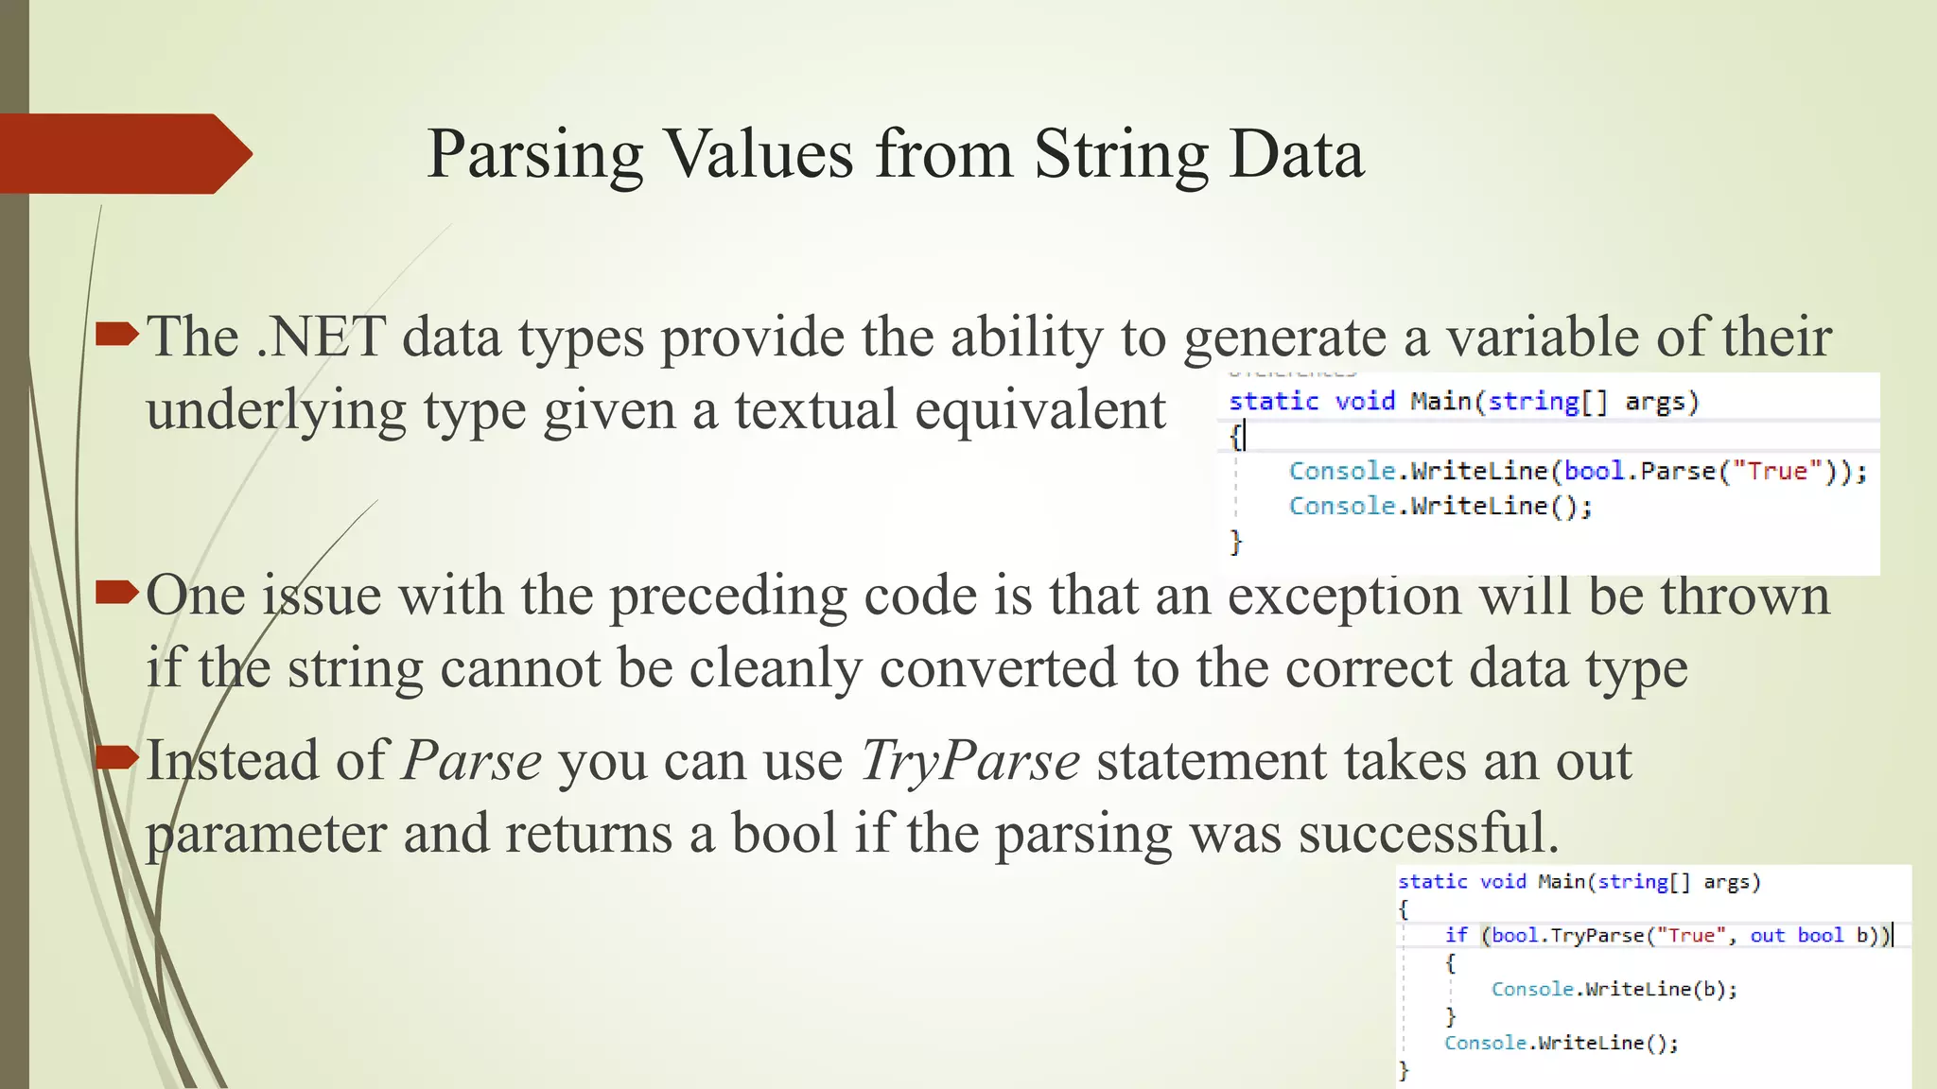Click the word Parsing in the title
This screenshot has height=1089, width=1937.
click(534, 155)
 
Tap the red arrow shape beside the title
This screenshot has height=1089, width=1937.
click(123, 153)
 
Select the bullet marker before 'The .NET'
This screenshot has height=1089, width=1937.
click(117, 334)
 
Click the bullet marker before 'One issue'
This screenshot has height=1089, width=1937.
click(117, 593)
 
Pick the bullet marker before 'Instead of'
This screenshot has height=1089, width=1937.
click(117, 757)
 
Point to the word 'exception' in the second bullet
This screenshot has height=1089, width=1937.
click(1344, 597)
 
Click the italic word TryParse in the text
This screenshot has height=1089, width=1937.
click(969, 761)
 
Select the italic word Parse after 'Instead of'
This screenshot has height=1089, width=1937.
click(472, 761)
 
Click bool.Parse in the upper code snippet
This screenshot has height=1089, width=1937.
click(1639, 471)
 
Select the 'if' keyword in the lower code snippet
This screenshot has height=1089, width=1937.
click(1456, 935)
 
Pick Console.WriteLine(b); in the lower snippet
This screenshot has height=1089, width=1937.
click(1614, 989)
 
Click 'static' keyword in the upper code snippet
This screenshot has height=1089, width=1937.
click(1273, 402)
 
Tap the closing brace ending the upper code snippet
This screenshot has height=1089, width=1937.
click(1235, 541)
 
